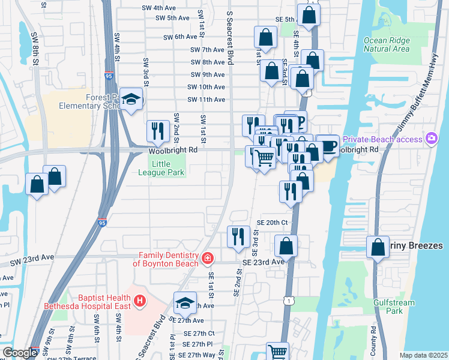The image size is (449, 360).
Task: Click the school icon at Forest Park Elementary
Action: [130, 99]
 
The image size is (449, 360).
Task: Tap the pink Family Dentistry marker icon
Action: [208, 258]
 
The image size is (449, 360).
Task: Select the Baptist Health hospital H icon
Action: [139, 300]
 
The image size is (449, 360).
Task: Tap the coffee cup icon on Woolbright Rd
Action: [328, 146]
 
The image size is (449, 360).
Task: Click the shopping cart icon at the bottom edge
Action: [277, 352]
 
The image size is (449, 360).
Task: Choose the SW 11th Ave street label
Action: [206, 100]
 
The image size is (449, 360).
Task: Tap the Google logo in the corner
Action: [20, 353]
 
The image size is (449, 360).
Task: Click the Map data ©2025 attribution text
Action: [423, 355]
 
